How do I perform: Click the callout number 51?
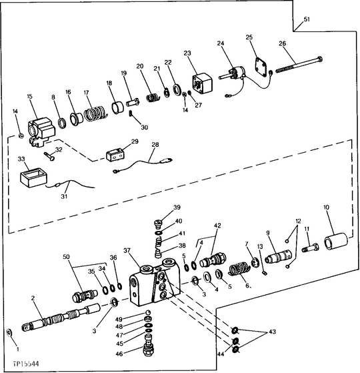(307, 19)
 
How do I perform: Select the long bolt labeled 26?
(299, 64)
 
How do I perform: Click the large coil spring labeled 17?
(95, 113)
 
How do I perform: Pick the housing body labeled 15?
(41, 132)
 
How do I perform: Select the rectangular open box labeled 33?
(33, 177)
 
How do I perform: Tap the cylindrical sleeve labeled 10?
(336, 242)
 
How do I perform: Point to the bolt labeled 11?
(311, 248)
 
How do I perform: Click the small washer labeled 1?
(9, 332)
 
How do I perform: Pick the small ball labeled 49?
(148, 312)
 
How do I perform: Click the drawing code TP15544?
(26, 364)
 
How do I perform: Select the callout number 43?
(272, 332)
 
